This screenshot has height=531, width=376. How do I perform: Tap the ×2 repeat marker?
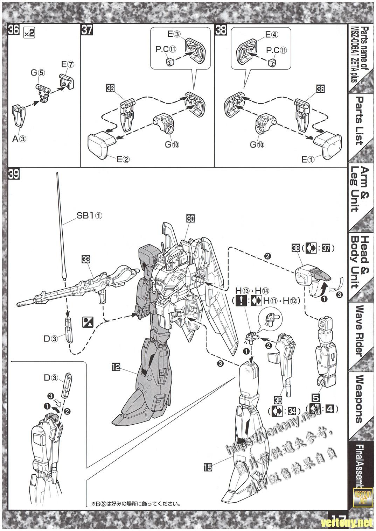(29, 33)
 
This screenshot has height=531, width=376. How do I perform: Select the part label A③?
(19, 139)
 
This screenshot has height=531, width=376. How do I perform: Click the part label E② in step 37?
(123, 160)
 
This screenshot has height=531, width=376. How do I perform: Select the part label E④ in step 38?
(271, 34)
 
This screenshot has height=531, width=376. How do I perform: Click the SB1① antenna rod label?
(90, 216)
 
